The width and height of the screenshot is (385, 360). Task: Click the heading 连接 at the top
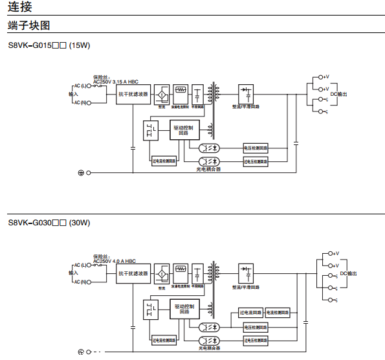[x=19, y=8]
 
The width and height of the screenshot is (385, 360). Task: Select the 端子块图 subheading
[x=29, y=26]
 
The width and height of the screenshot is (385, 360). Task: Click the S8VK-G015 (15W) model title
[x=49, y=46]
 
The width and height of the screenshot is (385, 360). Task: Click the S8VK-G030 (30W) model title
[x=49, y=223]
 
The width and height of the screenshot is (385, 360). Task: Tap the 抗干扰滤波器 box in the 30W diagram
[x=133, y=273]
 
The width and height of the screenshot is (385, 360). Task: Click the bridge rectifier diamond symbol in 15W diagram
[x=162, y=95]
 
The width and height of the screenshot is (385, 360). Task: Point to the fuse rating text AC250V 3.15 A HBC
[x=116, y=82]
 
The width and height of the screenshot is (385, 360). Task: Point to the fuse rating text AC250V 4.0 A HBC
[x=115, y=260]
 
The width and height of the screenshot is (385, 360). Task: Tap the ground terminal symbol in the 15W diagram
[x=82, y=173]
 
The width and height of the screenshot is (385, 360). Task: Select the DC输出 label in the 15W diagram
[x=338, y=94]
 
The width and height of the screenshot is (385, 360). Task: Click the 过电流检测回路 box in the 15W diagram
[x=162, y=160]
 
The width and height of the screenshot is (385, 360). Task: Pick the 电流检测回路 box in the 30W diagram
[x=279, y=313]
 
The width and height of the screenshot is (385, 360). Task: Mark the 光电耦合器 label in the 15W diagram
[x=208, y=169]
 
